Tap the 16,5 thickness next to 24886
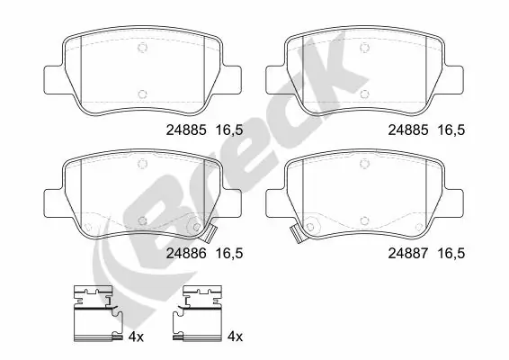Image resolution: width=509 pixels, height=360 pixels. [x=229, y=255]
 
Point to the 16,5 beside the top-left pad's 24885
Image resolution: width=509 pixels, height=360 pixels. [x=229, y=130]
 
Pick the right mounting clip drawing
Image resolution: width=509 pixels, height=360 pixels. [x=201, y=314]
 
